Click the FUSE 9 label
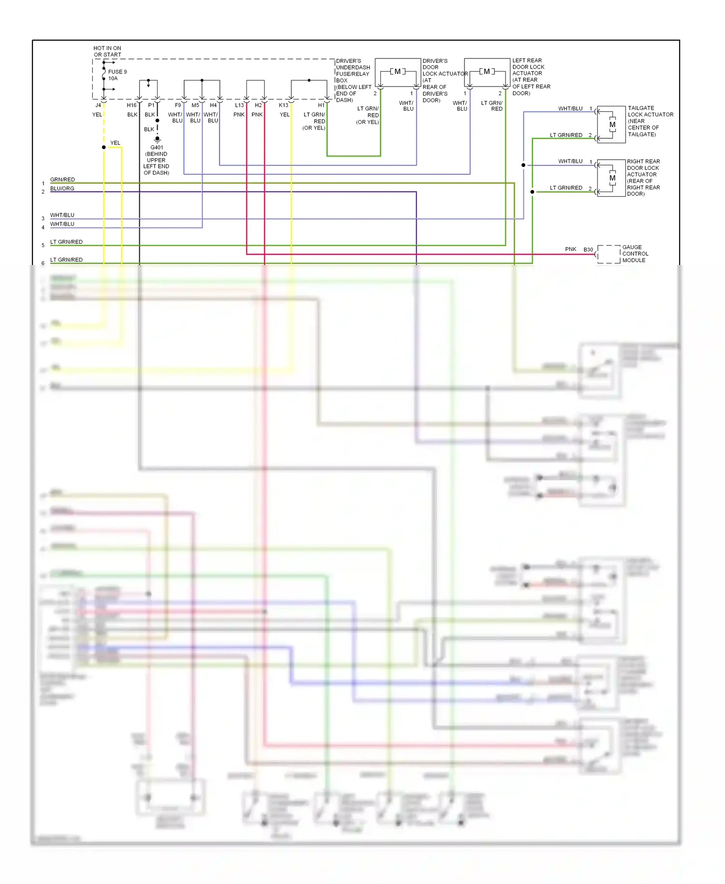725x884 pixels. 117,72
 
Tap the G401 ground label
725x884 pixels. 157,147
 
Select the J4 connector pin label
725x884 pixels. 98,105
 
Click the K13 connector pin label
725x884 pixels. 283,105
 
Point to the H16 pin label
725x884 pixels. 131,105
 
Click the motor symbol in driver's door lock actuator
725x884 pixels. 397,72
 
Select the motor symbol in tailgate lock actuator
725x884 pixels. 612,125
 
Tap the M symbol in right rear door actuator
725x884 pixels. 612,178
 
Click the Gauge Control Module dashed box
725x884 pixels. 609,254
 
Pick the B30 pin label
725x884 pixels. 588,250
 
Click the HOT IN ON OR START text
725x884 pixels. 107,51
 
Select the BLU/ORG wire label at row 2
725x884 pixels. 62,189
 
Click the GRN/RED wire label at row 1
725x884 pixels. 62,179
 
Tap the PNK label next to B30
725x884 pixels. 570,249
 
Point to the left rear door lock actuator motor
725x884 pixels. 487,72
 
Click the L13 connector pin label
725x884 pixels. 239,105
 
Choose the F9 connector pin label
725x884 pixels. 178,105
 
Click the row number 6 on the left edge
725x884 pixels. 43,263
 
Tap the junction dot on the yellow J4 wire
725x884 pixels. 104,147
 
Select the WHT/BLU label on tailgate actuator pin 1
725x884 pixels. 570,108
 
